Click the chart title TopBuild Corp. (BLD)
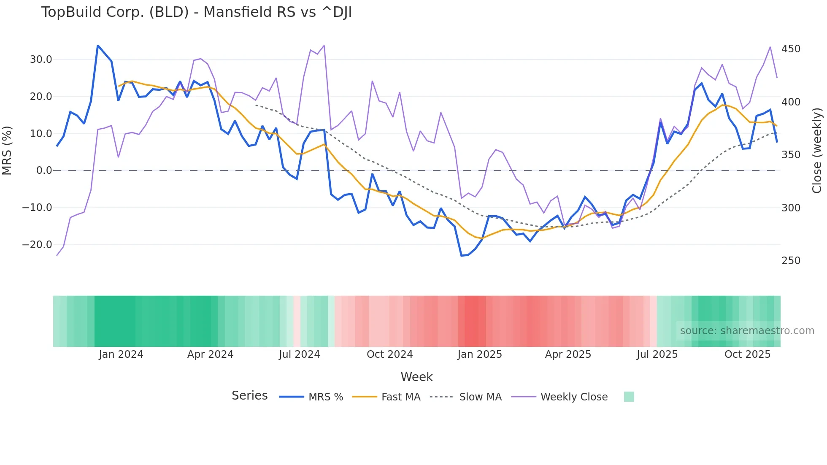[196, 12]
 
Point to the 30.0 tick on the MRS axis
[41, 59]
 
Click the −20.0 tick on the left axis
[37, 245]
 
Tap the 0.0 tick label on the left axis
[44, 170]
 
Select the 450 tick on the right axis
[791, 49]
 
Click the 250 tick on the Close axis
[791, 261]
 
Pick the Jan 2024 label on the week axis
[121, 354]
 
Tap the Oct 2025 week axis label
[747, 354]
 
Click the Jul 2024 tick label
[299, 354]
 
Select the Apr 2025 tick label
[568, 354]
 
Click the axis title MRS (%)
[7, 151]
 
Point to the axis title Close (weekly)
[817, 151]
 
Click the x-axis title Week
[416, 377]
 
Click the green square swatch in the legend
[629, 397]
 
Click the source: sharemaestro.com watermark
[747, 331]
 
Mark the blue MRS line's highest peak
[98, 46]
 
